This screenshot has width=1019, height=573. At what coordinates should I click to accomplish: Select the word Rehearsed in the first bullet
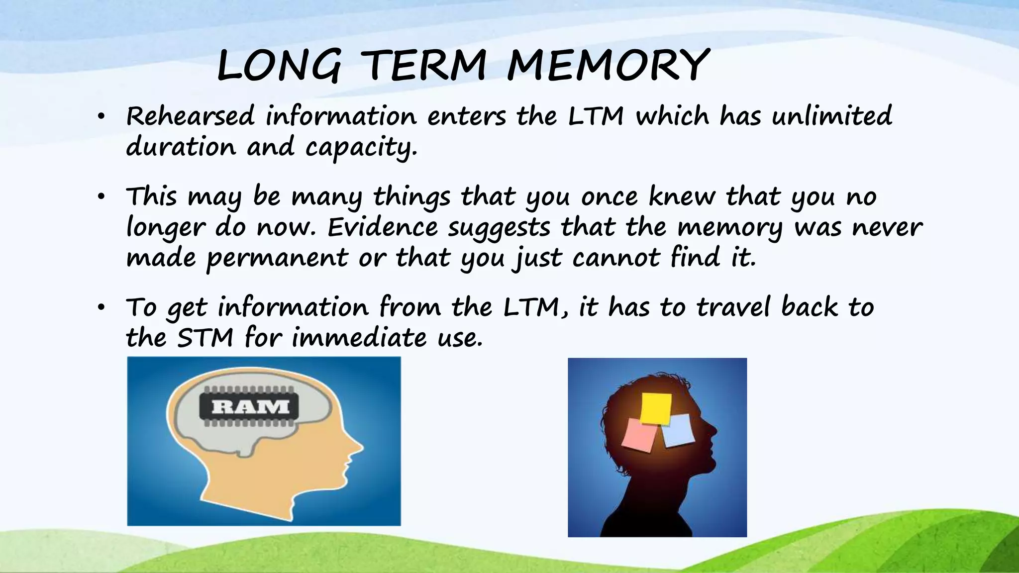(x=191, y=116)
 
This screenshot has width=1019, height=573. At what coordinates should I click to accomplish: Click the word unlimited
(x=832, y=116)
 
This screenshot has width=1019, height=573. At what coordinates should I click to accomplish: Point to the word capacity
(x=361, y=147)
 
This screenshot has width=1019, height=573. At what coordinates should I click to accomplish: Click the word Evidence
(x=383, y=228)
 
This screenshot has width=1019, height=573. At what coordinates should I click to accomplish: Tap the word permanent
(x=277, y=259)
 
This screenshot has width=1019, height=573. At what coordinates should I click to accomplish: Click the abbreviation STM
(x=205, y=338)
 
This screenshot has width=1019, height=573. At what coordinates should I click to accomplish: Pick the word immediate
(x=359, y=338)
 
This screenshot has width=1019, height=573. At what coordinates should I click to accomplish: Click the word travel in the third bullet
(x=733, y=307)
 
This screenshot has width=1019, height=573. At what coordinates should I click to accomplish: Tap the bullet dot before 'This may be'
(x=101, y=197)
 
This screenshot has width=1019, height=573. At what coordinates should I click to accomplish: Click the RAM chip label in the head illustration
(x=250, y=407)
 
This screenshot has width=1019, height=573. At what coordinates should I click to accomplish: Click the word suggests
(x=499, y=228)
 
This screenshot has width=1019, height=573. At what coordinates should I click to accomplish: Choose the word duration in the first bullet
(x=181, y=147)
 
